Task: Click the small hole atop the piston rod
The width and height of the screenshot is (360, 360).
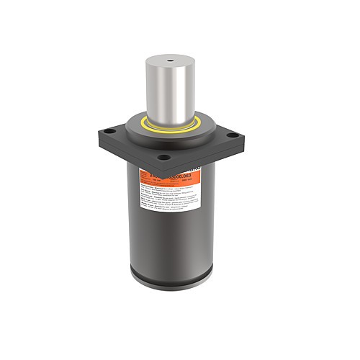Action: click(171, 60)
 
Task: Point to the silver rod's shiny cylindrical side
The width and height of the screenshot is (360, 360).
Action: click(171, 90)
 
